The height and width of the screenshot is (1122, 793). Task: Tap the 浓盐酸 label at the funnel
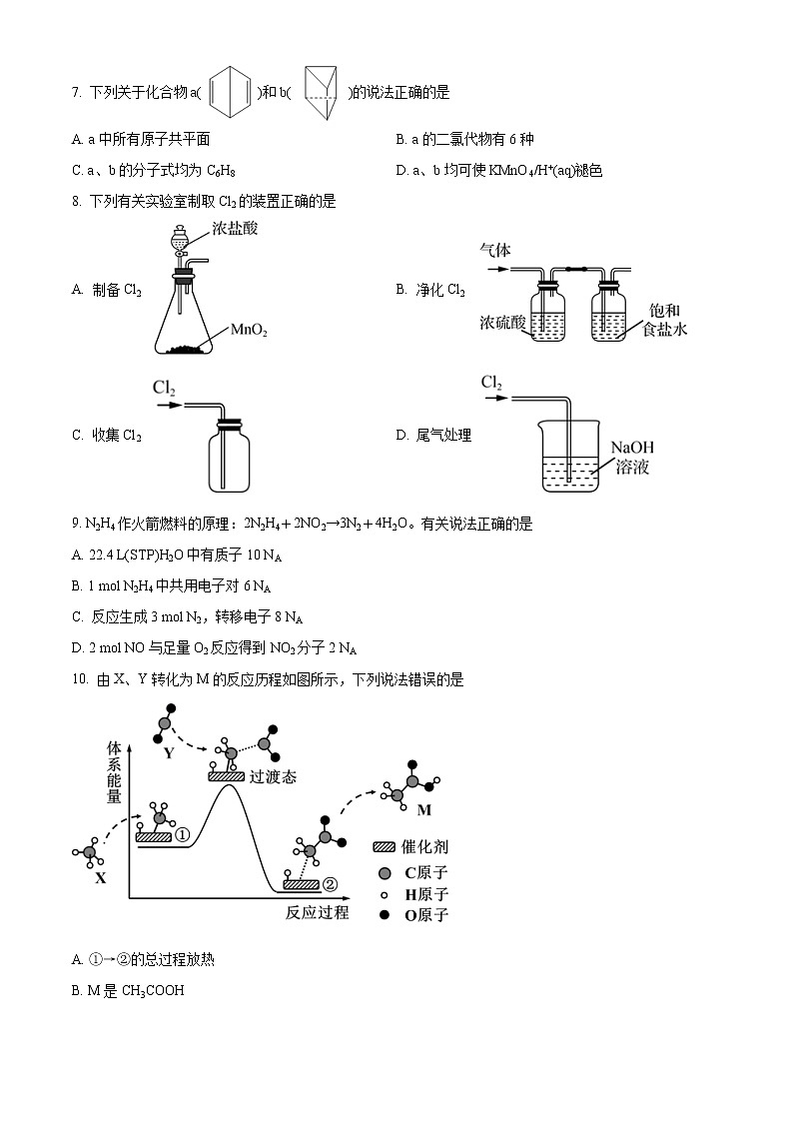point(235,229)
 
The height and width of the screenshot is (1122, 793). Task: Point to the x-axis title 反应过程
point(317,911)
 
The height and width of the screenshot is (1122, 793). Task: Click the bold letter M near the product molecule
point(423,809)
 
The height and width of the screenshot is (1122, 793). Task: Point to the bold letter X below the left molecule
point(100,878)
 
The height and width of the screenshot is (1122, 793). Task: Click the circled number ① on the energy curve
point(182,834)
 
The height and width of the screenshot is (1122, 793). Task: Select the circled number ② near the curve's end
point(330,883)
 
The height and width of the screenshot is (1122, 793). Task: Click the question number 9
point(76,524)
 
